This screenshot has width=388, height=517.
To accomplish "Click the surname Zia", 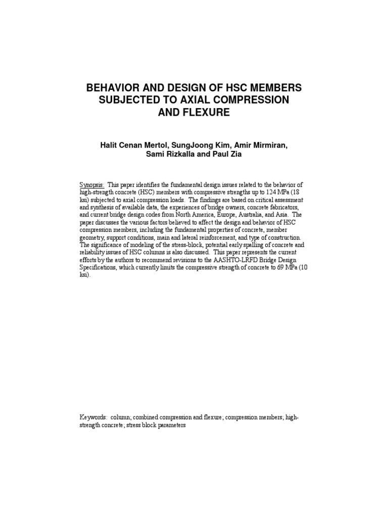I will point(231,155).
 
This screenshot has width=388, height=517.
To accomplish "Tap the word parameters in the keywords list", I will point(171,426).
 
